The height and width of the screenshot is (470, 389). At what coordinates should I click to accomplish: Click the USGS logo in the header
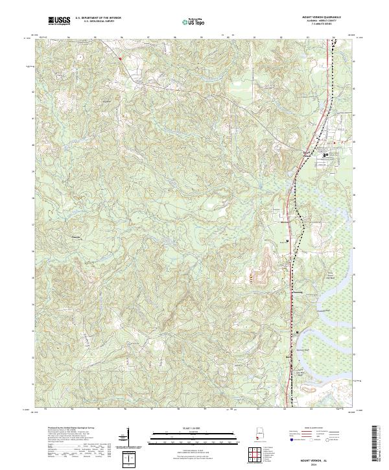(x=59, y=21)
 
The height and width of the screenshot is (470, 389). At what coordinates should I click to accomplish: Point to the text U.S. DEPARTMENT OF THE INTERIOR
(x=98, y=17)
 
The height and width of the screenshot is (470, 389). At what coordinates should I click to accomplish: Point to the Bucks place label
(x=289, y=355)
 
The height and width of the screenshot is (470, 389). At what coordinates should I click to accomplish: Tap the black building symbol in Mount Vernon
(x=325, y=155)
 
